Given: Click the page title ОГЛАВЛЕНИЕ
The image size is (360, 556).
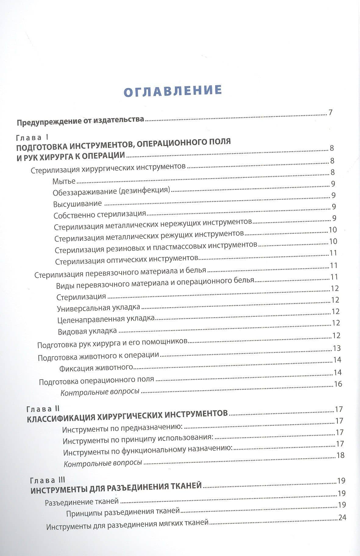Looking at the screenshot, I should [173, 90].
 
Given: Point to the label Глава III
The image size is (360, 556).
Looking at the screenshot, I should [48, 480].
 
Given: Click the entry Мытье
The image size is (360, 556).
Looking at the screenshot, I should [64, 181].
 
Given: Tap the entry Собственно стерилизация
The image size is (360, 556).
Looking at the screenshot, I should [100, 215].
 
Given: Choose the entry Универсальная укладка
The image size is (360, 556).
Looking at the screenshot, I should [98, 308].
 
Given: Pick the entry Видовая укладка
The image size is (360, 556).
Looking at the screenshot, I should [87, 331].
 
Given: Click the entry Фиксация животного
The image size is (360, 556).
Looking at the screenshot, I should [96, 368].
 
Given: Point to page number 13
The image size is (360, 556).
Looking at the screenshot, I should [337, 348].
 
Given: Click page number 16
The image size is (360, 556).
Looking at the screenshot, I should [338, 384].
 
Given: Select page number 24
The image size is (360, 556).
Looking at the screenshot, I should [342, 517].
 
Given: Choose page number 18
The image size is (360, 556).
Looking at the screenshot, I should [340, 455].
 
